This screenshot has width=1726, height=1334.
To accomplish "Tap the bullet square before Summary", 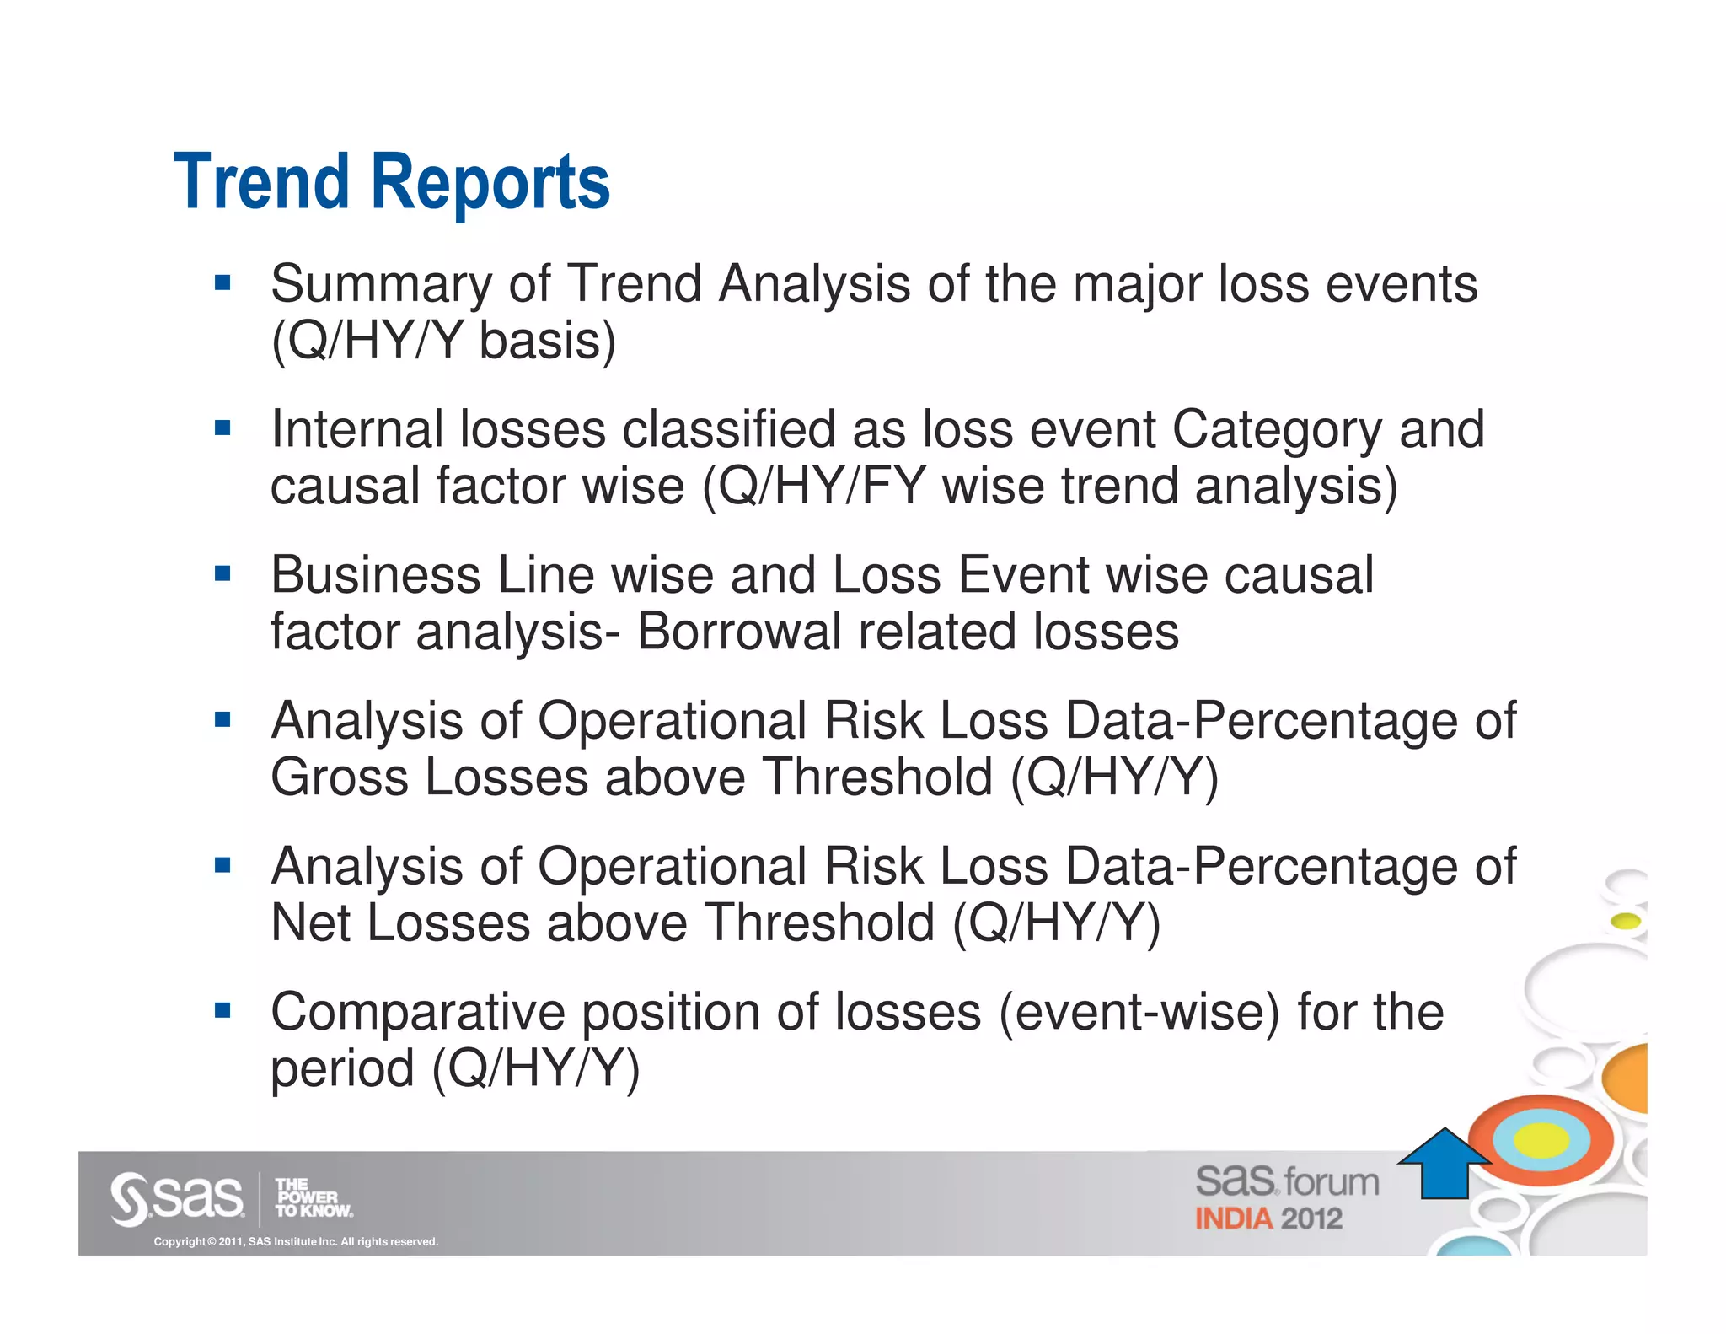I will [x=222, y=282].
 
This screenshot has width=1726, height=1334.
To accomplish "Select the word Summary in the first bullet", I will [x=381, y=285].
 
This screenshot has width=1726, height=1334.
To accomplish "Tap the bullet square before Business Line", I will [x=222, y=574].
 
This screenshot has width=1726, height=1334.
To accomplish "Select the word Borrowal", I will [x=739, y=632].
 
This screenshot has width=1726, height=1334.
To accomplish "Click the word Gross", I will [x=340, y=777].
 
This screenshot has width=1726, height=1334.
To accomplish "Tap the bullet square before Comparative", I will [x=222, y=1010].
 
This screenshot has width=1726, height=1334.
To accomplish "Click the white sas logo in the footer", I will [x=177, y=1197].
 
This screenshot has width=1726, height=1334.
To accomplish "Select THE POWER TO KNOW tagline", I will [x=313, y=1197].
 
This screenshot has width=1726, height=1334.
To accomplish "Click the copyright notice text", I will [x=296, y=1241].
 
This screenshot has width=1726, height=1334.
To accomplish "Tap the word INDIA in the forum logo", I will [x=1234, y=1219].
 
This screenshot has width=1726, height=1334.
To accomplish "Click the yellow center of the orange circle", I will [x=1541, y=1140].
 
